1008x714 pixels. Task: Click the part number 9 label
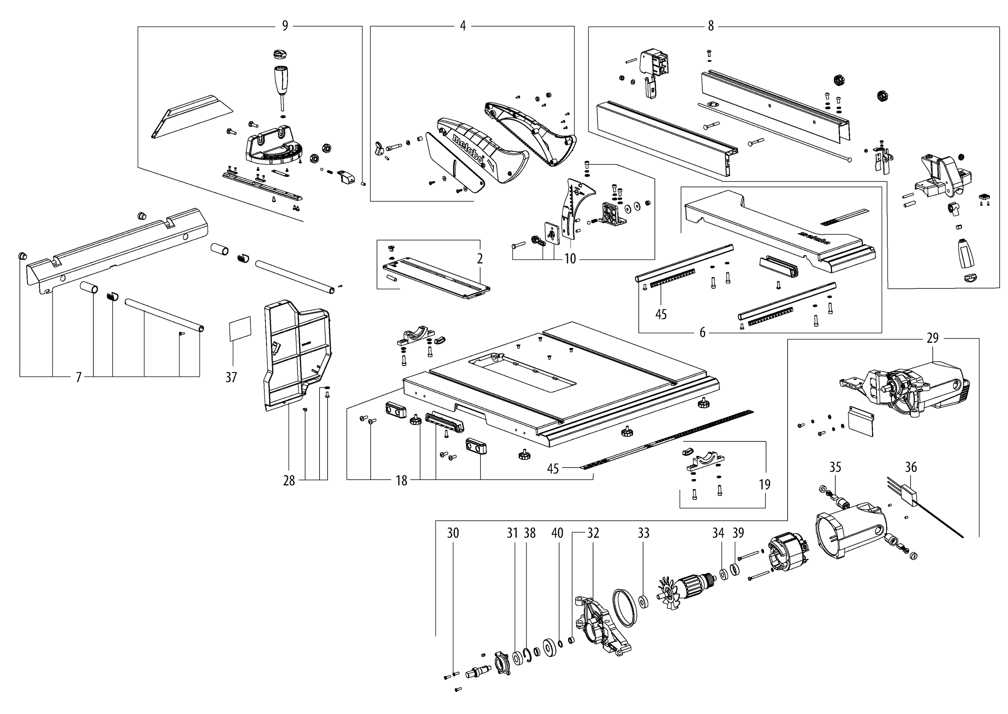pos(285,26)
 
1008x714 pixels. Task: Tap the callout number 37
pos(231,377)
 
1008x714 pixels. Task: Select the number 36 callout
pos(911,467)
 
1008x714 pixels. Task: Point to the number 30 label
pos(453,533)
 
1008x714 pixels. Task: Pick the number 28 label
pos(289,481)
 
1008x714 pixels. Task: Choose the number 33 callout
pos(643,533)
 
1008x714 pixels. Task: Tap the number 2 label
pos(480,259)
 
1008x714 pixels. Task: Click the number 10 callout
pos(570,259)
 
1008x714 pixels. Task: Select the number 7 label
pos(78,377)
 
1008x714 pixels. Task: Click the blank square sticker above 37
pos(240,328)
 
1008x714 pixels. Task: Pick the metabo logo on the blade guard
pos(467,150)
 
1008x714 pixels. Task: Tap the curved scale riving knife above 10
pos(576,207)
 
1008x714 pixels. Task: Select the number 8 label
pos(711,26)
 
